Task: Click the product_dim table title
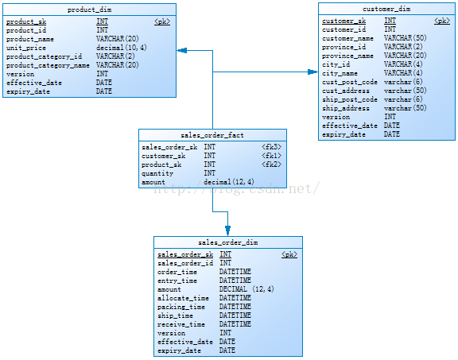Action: click(89, 10)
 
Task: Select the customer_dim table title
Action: click(386, 9)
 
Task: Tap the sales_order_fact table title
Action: click(212, 135)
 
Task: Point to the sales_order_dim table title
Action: click(228, 242)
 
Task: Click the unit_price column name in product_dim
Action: click(26, 48)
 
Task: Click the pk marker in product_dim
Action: click(162, 21)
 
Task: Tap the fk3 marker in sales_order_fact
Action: click(271, 147)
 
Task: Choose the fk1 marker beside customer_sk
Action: click(271, 156)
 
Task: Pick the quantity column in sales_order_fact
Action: click(157, 173)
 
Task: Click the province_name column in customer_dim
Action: click(347, 56)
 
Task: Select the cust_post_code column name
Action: click(350, 82)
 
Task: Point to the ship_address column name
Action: click(346, 108)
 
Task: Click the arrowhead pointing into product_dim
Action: click(181, 51)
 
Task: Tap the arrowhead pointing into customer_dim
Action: click(312, 72)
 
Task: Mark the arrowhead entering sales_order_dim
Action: click(228, 230)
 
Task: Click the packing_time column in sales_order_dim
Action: click(181, 307)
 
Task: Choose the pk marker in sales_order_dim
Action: click(289, 254)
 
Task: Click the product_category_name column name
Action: click(48, 65)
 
